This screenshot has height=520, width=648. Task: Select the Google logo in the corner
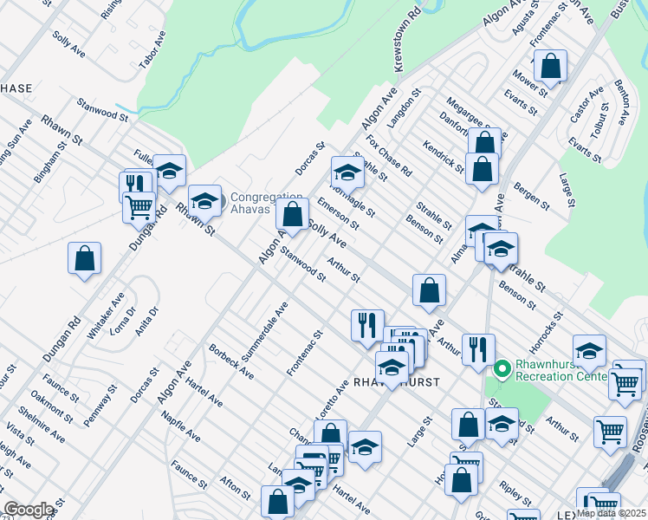[29, 510]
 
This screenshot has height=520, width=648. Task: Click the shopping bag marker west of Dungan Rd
[84, 258]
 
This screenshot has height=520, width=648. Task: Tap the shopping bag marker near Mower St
[550, 65]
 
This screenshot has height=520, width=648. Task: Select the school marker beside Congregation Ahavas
[204, 202]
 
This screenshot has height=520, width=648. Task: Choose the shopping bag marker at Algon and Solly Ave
[293, 213]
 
